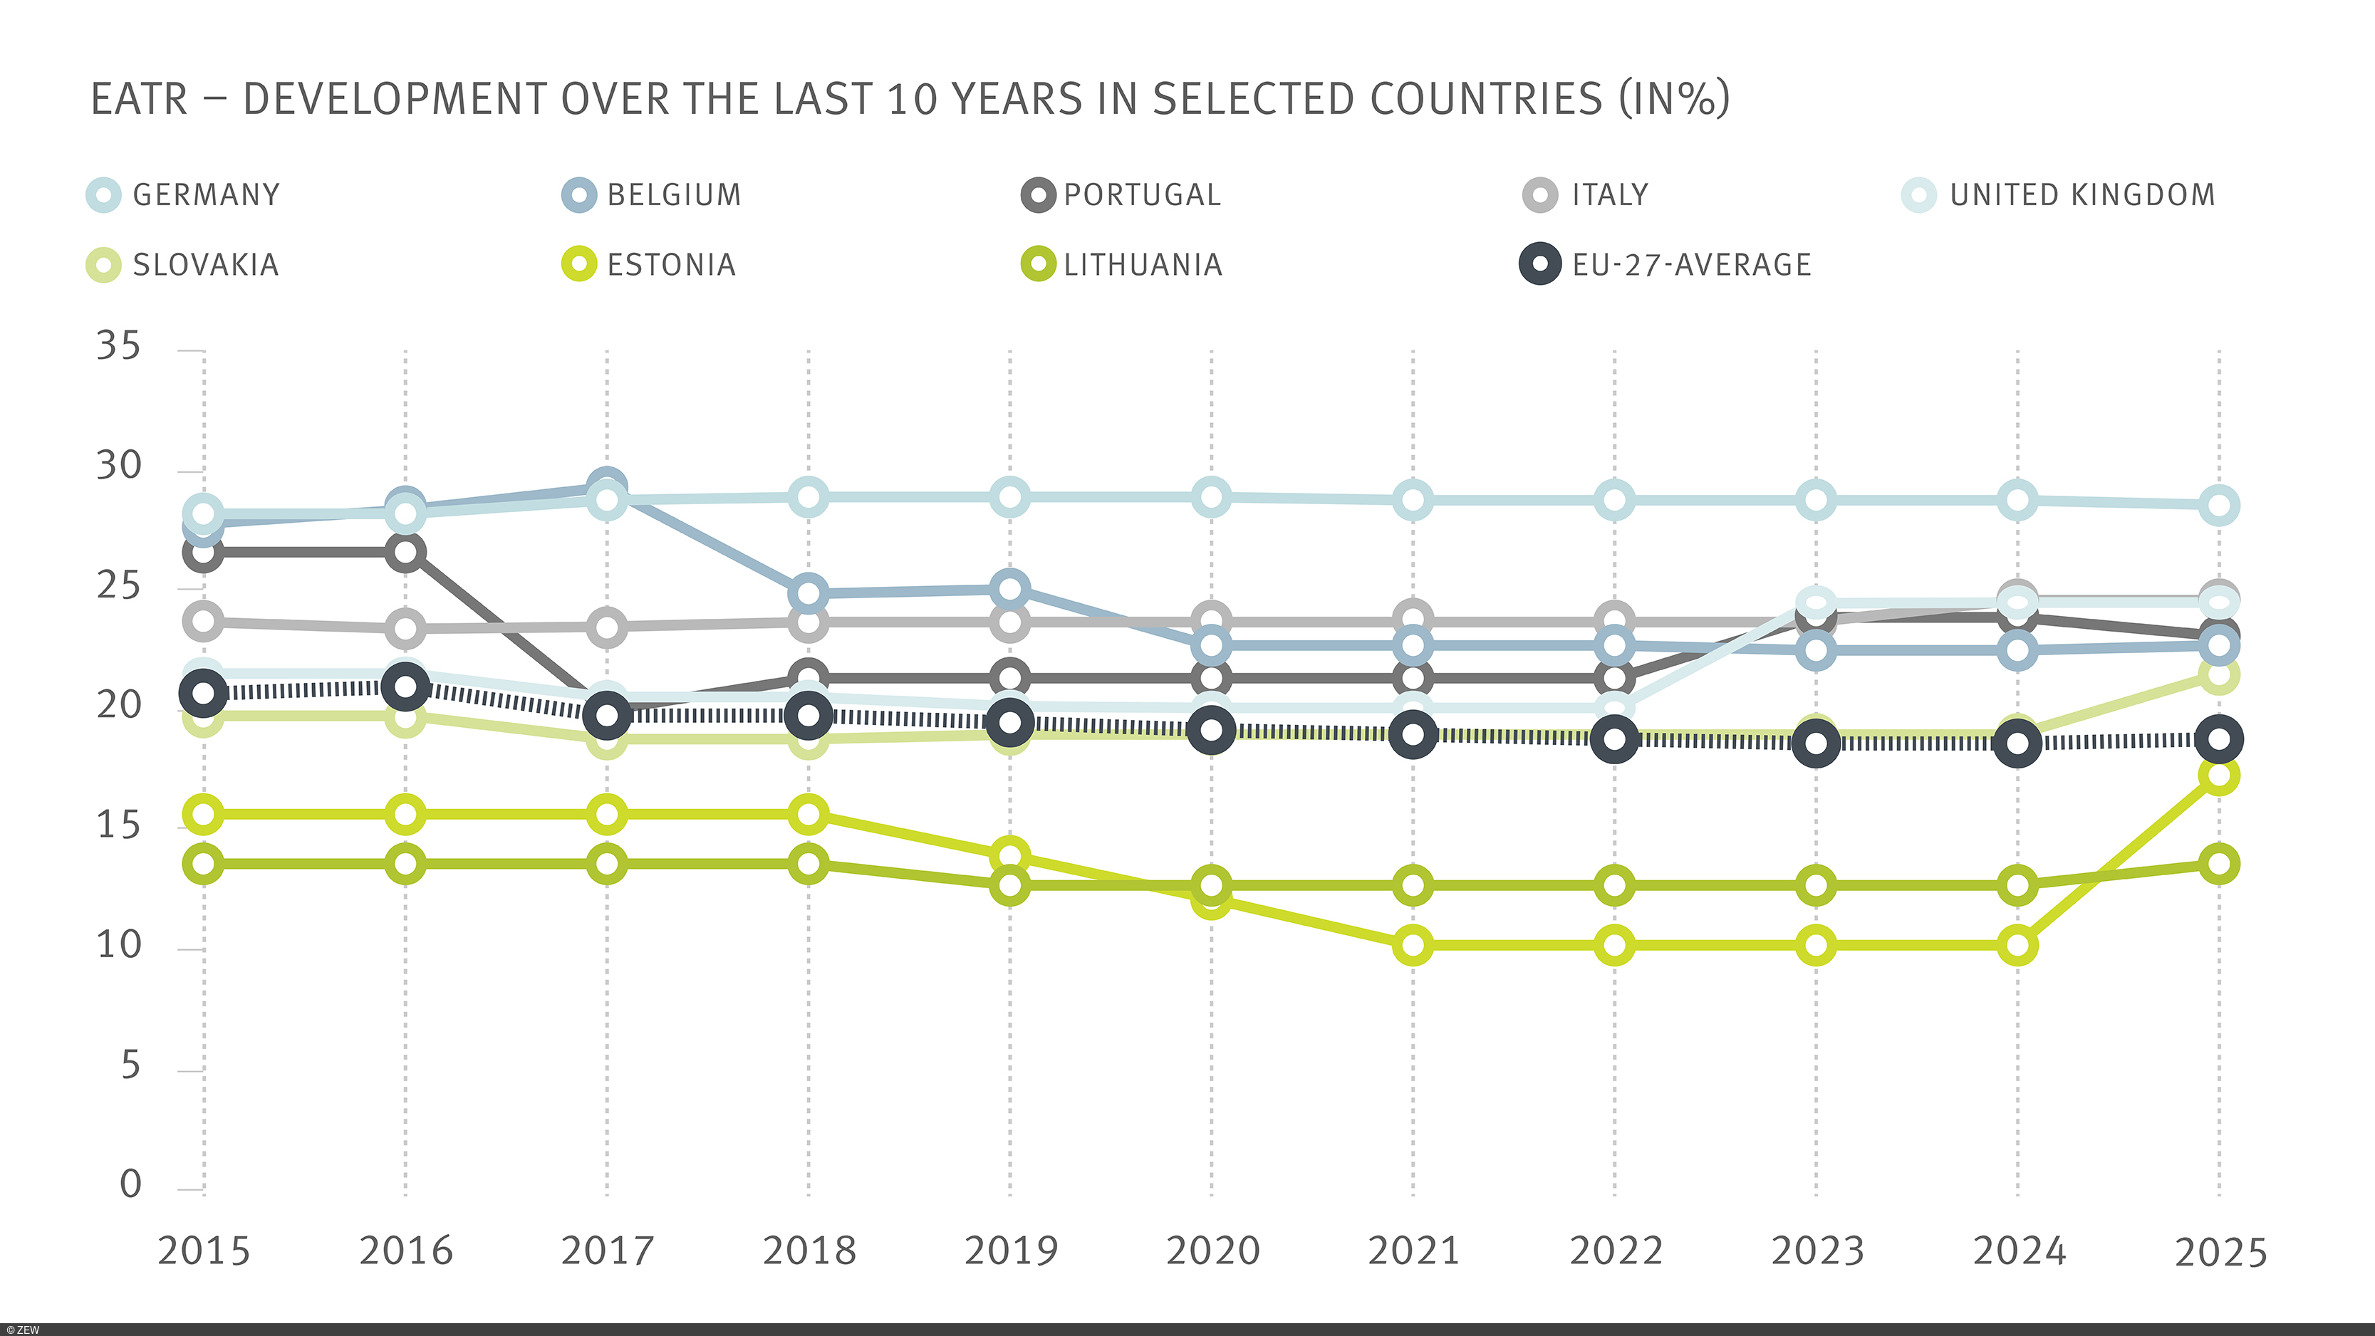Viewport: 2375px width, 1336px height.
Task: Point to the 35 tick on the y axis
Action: [x=119, y=347]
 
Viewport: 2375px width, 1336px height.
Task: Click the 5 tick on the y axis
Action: [x=130, y=1066]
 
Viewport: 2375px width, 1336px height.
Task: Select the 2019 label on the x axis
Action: [x=1011, y=1251]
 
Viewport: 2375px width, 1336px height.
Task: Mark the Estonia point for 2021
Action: [x=1413, y=945]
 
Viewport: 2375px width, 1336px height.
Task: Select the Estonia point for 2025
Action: [x=2218, y=776]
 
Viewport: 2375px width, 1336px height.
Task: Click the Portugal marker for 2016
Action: [x=405, y=553]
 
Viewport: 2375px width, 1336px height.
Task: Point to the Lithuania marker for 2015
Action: [x=204, y=864]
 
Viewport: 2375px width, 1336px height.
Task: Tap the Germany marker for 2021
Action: [x=1413, y=501]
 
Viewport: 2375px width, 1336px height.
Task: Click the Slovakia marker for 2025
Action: [x=2218, y=676]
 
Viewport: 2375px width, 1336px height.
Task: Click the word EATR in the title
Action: [x=139, y=100]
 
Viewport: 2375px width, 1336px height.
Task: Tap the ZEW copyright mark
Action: [x=22, y=1330]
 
